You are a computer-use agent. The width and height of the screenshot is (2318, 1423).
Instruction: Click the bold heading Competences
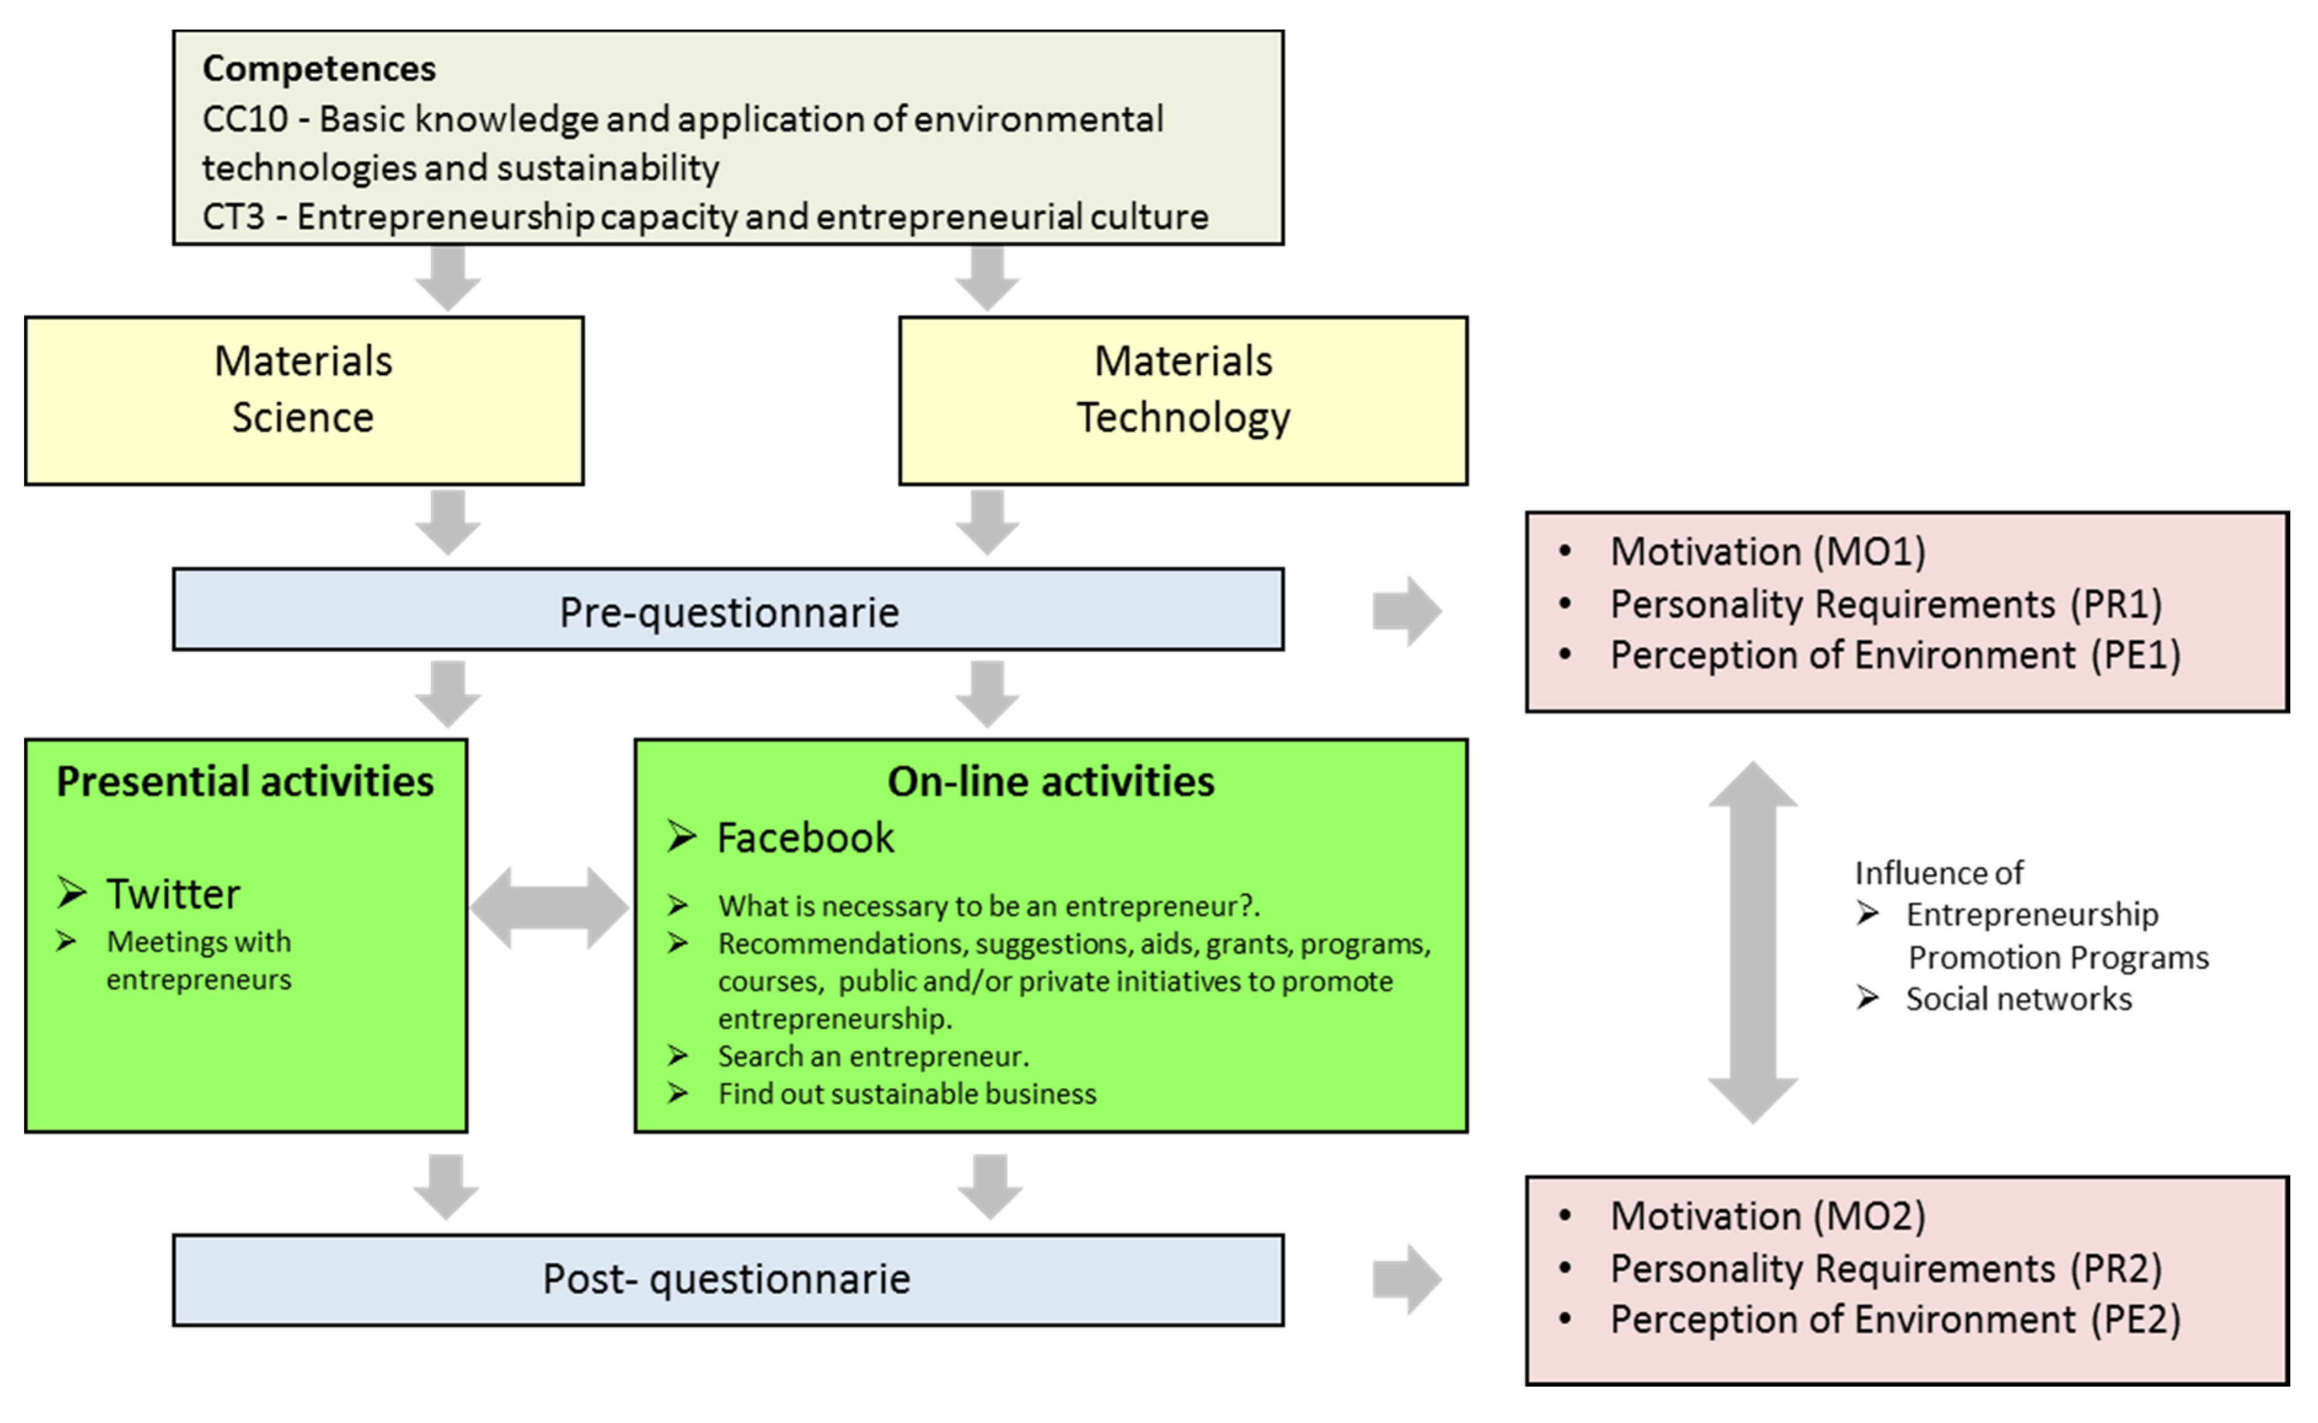pyautogui.click(x=319, y=69)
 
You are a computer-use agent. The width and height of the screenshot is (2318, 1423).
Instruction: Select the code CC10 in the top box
pyautogui.click(x=245, y=119)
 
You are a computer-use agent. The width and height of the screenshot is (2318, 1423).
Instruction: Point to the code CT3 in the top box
pyautogui.click(x=234, y=218)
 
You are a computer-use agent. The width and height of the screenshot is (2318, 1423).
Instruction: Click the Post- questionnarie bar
pyautogui.click(x=728, y=1279)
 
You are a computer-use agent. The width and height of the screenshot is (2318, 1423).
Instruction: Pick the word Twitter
pyautogui.click(x=174, y=894)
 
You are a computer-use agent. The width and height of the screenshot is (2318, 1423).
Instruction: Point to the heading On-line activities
pyautogui.click(x=1051, y=781)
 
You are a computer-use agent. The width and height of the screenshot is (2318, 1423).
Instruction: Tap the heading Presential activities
pyautogui.click(x=245, y=781)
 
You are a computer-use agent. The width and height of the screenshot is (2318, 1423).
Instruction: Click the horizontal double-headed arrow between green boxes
pyautogui.click(x=550, y=908)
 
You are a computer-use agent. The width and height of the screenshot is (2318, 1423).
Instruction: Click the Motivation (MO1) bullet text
pyautogui.click(x=1767, y=551)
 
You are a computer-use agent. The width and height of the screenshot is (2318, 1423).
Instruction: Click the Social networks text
pyautogui.click(x=2018, y=998)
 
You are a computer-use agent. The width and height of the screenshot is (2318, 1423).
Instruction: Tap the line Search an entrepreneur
pyautogui.click(x=873, y=1056)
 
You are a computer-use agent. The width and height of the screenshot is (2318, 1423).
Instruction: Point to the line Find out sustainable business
pyautogui.click(x=907, y=1094)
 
